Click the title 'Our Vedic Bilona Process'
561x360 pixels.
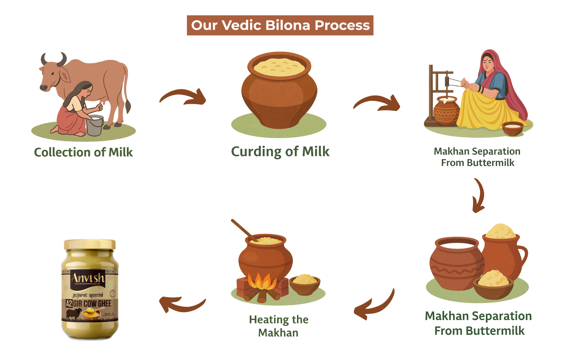(280, 25)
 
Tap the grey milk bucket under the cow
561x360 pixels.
(95, 125)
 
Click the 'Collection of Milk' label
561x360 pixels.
(83, 152)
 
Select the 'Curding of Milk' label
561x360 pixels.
(280, 151)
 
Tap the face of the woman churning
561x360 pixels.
(488, 63)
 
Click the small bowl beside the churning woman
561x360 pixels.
(513, 128)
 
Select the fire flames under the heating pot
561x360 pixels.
(262, 281)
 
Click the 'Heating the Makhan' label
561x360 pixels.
(279, 326)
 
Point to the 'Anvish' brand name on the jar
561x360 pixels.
(88, 278)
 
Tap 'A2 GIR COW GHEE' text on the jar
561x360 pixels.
(89, 303)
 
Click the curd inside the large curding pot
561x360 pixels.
(279, 67)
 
